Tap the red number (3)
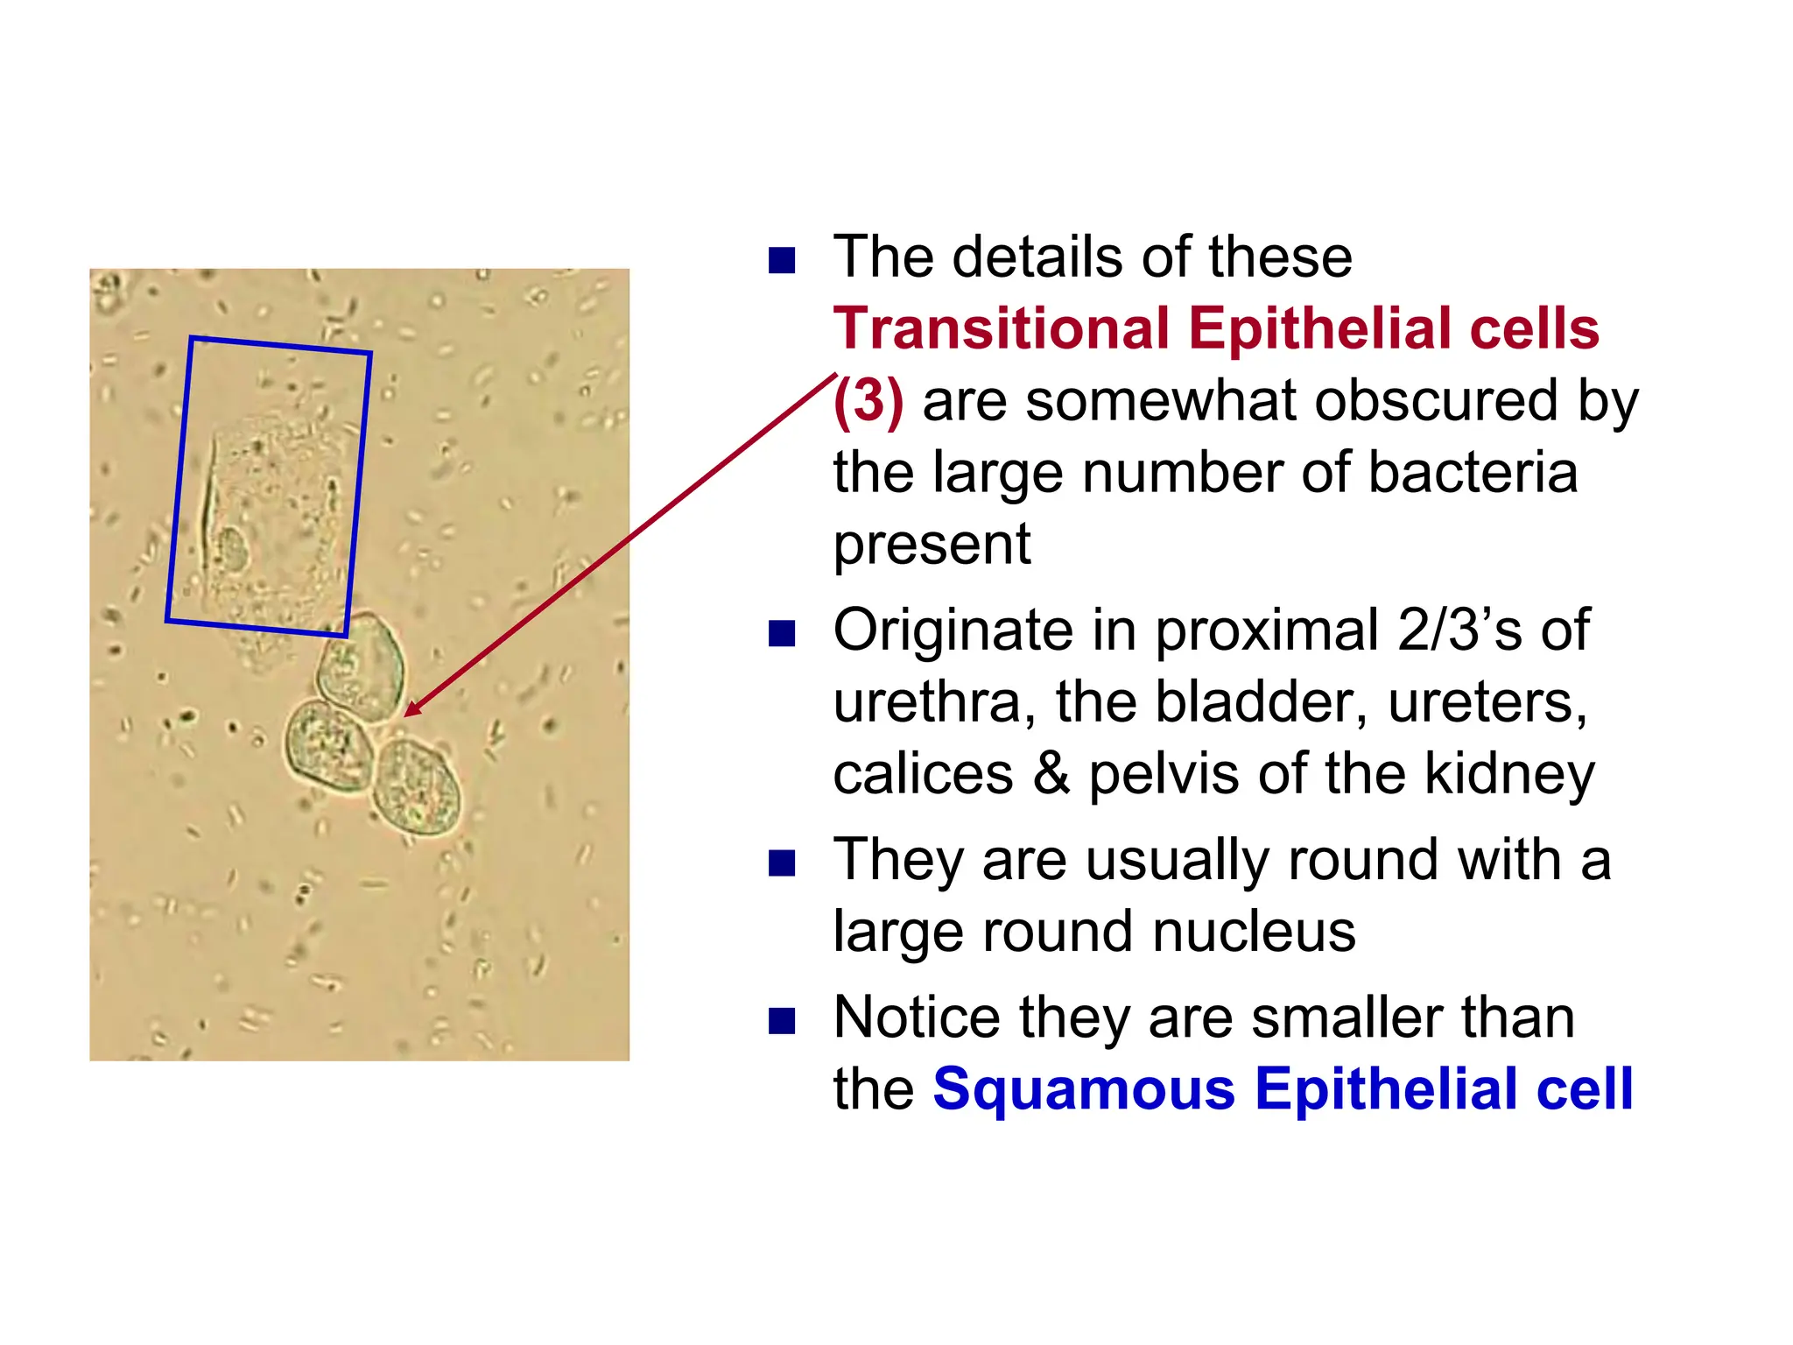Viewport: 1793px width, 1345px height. pyautogui.click(x=868, y=402)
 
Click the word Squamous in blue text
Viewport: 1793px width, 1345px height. pyautogui.click(x=1084, y=1089)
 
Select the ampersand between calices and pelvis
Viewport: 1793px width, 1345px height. pyautogui.click(x=1051, y=774)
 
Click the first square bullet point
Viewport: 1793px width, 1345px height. pyautogui.click(x=781, y=261)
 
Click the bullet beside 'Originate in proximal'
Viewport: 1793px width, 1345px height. pyautogui.click(x=781, y=633)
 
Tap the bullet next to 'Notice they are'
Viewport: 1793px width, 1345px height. pyautogui.click(x=781, y=1021)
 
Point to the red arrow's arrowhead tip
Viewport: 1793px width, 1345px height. pyautogui.click(x=405, y=715)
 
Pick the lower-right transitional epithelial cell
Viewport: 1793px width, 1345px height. pyautogui.click(x=417, y=786)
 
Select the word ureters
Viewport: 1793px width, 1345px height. pyautogui.click(x=1487, y=702)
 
